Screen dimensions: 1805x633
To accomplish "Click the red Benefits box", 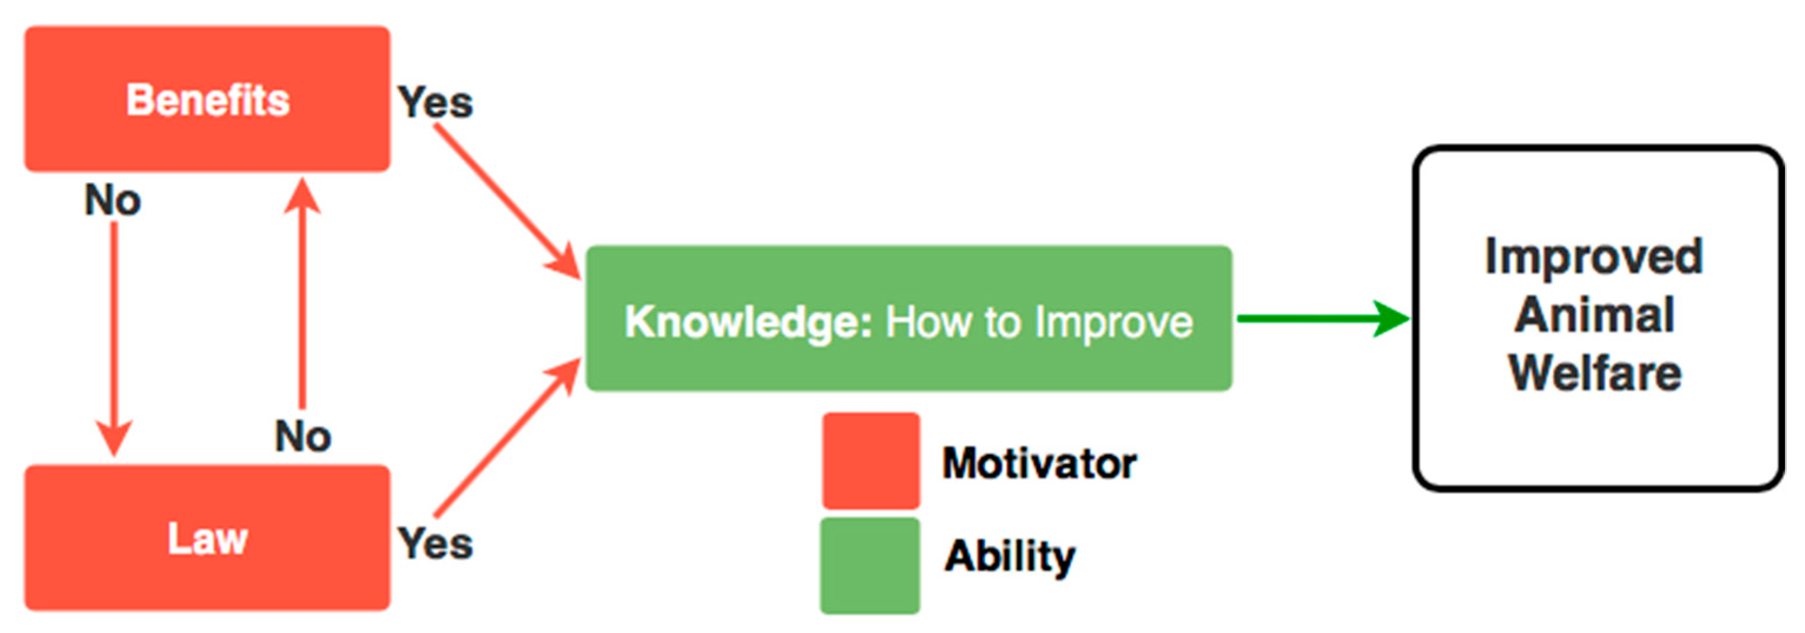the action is point(207,99).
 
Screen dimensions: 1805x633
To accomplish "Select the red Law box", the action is point(207,538).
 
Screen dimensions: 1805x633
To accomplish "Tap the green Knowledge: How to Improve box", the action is point(909,318).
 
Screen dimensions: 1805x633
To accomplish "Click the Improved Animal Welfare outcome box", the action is point(1598,318).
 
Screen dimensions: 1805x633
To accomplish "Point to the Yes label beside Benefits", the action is point(435,103).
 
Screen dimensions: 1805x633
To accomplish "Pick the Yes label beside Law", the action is point(435,543).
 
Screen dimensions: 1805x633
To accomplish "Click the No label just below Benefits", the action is point(113,200).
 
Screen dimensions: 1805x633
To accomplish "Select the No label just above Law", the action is point(303,436).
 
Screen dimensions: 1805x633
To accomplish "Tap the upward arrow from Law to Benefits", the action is point(303,293).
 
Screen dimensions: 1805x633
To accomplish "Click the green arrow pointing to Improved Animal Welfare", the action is point(1324,319).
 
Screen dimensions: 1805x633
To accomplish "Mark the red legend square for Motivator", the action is point(871,460).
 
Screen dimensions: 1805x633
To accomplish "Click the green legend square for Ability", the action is point(870,566).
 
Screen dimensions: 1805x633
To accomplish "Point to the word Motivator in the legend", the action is point(1039,463).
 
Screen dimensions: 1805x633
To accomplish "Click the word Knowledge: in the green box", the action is point(748,322).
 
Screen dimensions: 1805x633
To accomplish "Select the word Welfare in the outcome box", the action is point(1595,372).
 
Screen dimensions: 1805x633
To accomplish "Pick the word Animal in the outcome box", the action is point(1595,314).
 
